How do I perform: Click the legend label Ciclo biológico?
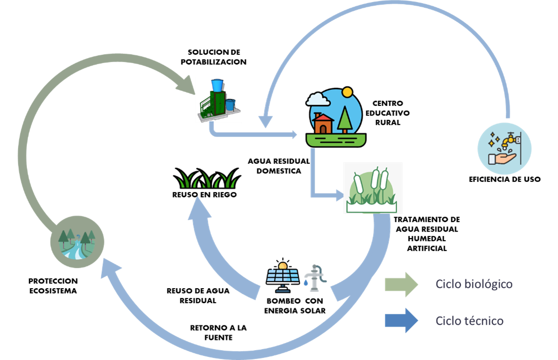tap(474, 284)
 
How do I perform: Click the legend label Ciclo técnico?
tap(469, 321)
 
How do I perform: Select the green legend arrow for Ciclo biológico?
tap(401, 284)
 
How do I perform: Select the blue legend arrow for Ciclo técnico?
tap(401, 321)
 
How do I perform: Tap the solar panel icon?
tap(283, 278)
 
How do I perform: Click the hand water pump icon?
tap(314, 278)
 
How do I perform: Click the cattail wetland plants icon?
tap(373, 188)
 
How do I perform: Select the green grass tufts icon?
tap(207, 180)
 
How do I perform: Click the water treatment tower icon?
tap(219, 100)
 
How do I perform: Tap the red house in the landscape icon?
tap(323, 123)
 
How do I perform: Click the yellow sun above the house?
tap(347, 92)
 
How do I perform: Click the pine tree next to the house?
tap(344, 120)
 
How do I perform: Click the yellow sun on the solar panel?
tap(283, 266)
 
